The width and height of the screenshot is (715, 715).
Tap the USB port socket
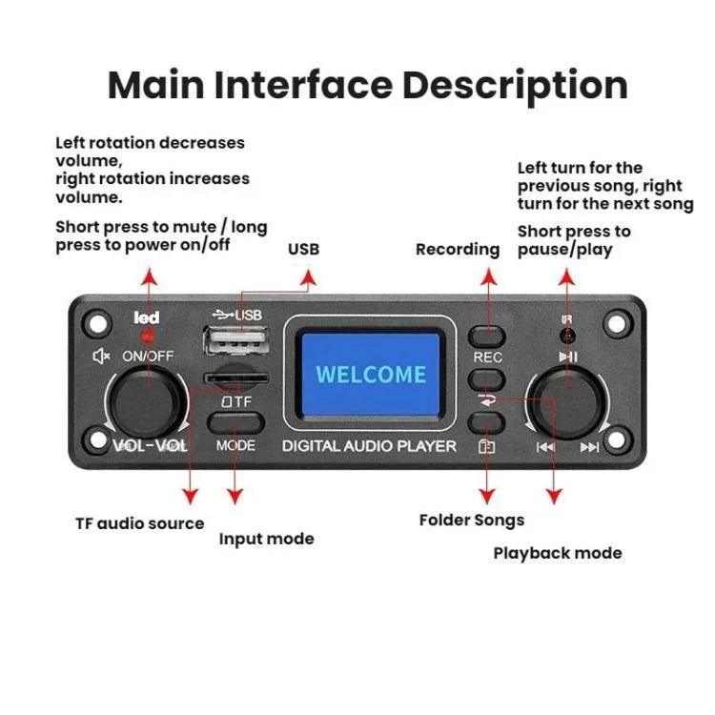[x=235, y=342]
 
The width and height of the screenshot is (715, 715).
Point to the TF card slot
[x=229, y=378]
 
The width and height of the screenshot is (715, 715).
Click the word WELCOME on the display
[x=371, y=374]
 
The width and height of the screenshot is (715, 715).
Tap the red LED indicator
[x=147, y=337]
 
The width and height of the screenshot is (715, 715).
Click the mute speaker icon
[x=100, y=357]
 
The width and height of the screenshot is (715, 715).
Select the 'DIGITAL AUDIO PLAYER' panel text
[x=369, y=446]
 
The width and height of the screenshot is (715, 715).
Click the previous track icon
[x=544, y=447]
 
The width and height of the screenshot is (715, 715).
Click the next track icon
[x=589, y=447]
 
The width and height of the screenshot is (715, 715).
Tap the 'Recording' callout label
[x=458, y=250]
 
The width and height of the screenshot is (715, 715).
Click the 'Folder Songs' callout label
[x=472, y=521]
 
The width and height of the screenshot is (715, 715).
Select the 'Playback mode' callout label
[x=558, y=553]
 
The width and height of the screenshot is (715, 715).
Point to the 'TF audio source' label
[x=139, y=523]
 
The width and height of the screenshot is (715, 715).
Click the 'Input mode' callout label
[x=266, y=540]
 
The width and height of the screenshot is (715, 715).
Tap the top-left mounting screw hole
[x=95, y=322]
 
